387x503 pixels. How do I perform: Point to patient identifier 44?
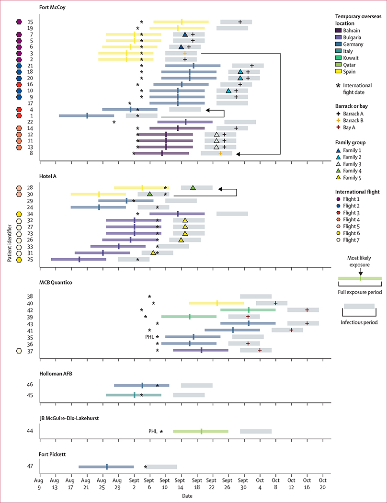(x=30, y=431)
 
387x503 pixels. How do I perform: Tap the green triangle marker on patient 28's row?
(x=193, y=188)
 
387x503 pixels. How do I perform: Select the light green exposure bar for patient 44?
(x=201, y=431)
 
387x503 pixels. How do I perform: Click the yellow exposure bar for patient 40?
(x=216, y=303)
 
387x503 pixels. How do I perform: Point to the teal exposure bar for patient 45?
(x=134, y=395)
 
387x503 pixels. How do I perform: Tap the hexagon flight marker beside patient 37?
(x=19, y=351)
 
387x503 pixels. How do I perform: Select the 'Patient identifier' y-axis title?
(x=9, y=240)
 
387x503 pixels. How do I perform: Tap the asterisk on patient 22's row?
(x=114, y=122)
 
